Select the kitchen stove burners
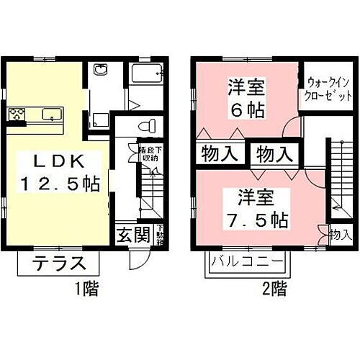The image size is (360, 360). click(x=17, y=114)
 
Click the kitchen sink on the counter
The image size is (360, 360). click(x=51, y=114)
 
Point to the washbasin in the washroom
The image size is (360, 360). click(x=99, y=71)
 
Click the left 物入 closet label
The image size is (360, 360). click(x=217, y=153)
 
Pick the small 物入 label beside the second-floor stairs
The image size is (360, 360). click(x=340, y=235)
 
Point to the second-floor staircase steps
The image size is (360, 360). click(x=339, y=179)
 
